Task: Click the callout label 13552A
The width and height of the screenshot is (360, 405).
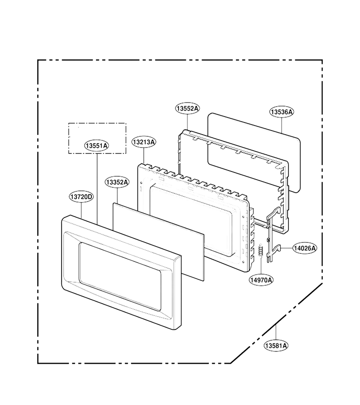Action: (x=188, y=108)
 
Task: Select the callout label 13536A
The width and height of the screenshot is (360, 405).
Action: (x=282, y=112)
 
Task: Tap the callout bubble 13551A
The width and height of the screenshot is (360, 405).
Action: (x=97, y=146)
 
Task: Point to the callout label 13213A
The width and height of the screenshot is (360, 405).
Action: (x=144, y=142)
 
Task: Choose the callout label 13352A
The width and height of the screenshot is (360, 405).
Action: (x=117, y=182)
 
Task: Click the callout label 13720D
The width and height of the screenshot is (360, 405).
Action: (x=81, y=197)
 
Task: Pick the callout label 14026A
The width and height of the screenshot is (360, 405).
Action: (x=305, y=248)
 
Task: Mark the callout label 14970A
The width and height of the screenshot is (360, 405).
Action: (x=261, y=280)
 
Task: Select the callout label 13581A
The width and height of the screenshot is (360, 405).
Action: (x=276, y=346)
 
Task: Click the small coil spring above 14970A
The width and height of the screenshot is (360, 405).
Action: (x=261, y=250)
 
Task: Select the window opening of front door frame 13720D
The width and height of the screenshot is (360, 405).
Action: (x=120, y=276)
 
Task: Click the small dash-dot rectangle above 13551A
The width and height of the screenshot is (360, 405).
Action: (x=97, y=139)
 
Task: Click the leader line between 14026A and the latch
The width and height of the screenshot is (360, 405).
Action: (x=286, y=248)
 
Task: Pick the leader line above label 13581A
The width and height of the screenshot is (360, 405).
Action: (x=276, y=332)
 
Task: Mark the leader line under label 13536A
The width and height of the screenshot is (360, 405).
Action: (x=282, y=126)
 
